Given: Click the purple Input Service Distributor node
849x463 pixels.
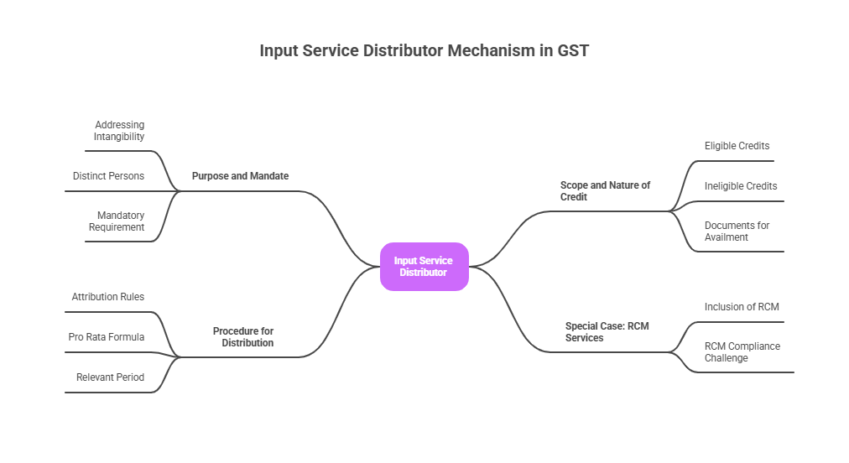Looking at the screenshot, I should [x=424, y=267].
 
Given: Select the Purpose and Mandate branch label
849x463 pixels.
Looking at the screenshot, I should [x=240, y=176].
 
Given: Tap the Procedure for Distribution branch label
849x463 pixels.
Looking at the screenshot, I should [x=243, y=336].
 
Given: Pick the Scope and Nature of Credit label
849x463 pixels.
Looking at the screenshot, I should [x=605, y=190].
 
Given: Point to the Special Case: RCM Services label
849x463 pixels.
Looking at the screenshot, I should [x=607, y=331].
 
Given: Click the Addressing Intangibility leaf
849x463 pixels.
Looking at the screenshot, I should [x=119, y=131].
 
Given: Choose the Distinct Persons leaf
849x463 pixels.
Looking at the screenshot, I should [x=108, y=176].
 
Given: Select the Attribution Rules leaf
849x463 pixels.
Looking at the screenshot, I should [x=107, y=297].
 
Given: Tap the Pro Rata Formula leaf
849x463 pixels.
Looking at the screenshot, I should [x=106, y=337].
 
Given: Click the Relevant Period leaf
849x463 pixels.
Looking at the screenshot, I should [x=110, y=377].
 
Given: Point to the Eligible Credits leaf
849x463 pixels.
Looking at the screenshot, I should [x=737, y=146].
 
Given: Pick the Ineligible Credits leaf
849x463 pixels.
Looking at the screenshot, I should [x=741, y=186].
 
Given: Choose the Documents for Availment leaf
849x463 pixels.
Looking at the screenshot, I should [x=737, y=231].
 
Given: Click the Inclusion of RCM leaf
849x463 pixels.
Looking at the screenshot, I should [x=742, y=307].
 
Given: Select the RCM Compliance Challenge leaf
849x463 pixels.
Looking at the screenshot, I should [x=742, y=352].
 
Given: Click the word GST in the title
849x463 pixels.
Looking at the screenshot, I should [x=574, y=51].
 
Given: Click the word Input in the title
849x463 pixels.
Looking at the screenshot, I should [x=279, y=51].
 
